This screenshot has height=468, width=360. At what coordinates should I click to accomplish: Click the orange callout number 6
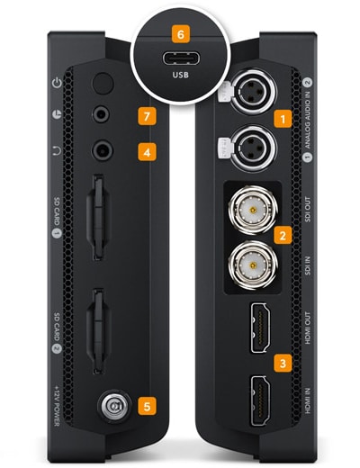(180, 34)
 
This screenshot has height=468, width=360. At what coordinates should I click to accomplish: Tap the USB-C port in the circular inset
(181, 58)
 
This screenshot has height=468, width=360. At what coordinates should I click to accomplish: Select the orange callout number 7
(147, 116)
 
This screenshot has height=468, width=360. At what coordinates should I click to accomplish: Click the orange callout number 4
(147, 152)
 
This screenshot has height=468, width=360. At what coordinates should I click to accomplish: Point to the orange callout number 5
(147, 406)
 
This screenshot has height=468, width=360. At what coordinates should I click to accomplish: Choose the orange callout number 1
(283, 119)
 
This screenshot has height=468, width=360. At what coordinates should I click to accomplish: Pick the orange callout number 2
(283, 235)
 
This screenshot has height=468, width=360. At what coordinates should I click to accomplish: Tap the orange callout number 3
(283, 364)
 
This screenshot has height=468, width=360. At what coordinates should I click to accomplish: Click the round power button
(103, 84)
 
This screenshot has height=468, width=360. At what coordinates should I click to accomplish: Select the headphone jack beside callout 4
(103, 150)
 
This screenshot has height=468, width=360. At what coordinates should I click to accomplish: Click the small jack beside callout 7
(101, 114)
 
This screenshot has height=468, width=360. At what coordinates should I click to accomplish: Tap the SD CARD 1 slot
(98, 217)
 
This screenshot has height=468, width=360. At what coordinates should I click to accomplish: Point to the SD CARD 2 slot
(98, 331)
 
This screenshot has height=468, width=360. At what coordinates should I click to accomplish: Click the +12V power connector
(114, 406)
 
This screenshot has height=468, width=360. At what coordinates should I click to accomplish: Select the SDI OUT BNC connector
(253, 210)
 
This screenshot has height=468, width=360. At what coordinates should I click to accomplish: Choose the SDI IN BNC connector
(253, 265)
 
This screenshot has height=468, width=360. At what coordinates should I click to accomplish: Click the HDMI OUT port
(260, 328)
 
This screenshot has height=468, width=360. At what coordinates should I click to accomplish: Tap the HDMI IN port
(260, 400)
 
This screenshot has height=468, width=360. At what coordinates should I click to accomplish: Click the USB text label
(180, 75)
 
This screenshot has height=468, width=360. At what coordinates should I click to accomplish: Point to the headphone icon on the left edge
(57, 151)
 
